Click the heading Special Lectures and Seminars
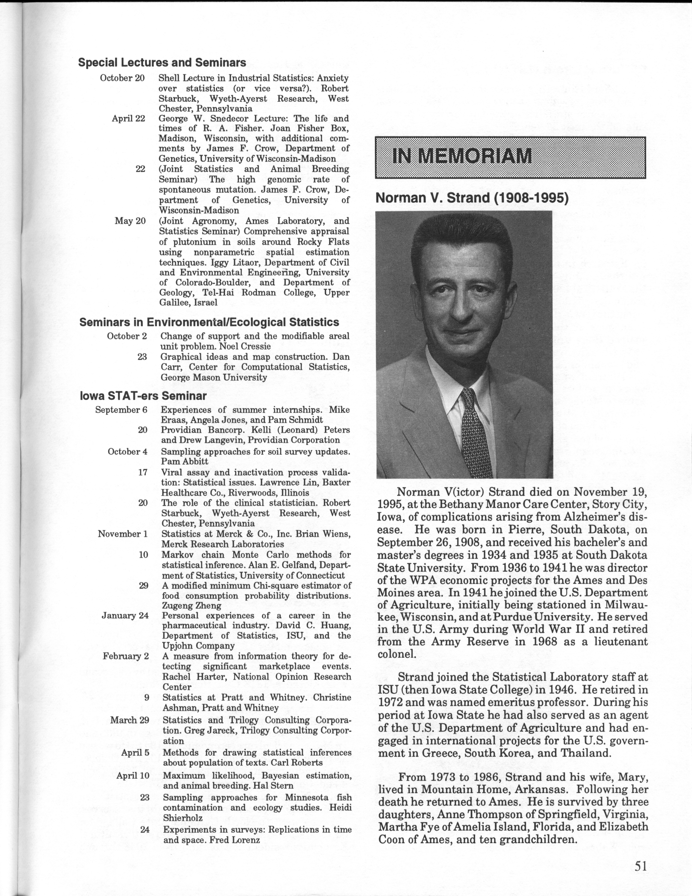162,62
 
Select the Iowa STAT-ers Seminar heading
143,396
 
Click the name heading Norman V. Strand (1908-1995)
472,198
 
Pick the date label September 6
121,410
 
